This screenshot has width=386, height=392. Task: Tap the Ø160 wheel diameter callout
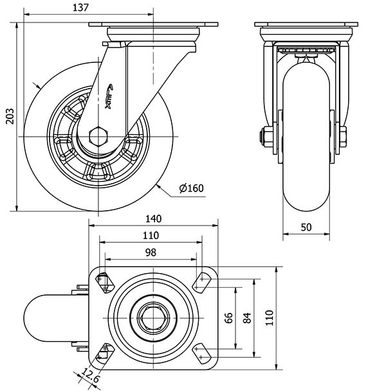point(191,188)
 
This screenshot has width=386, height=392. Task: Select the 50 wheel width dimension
point(306,228)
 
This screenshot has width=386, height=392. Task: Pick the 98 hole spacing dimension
point(150,253)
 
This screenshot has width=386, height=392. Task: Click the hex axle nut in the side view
point(98,137)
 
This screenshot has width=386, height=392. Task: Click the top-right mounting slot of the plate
point(202,280)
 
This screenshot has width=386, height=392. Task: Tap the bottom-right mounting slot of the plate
point(202,351)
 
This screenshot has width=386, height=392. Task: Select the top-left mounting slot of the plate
point(103,280)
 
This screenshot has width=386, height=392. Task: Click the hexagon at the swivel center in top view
point(153,315)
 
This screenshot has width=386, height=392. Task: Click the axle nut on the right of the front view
point(342,136)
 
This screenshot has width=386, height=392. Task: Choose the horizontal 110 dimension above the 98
point(150,235)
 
